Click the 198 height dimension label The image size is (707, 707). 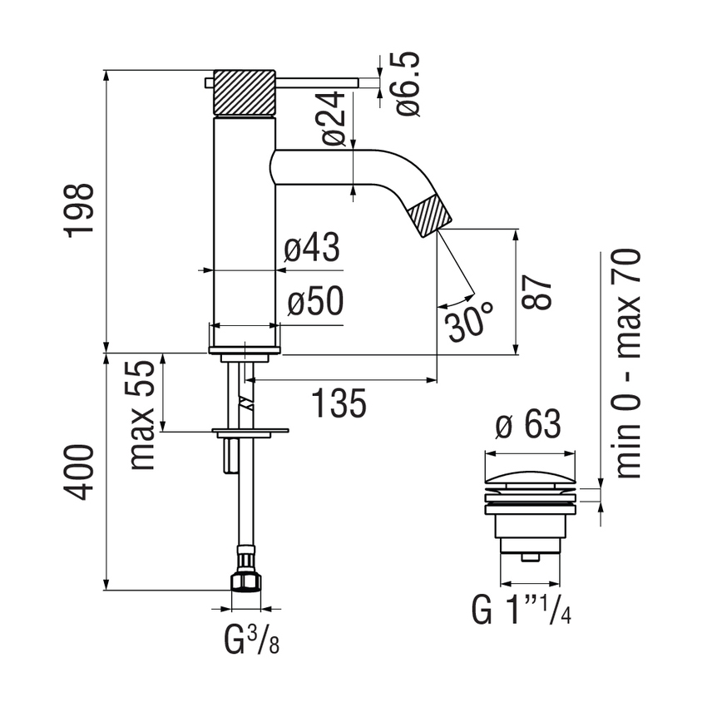(82, 211)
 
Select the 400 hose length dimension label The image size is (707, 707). (82, 472)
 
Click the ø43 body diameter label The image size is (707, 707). (313, 249)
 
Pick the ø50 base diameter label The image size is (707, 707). (315, 304)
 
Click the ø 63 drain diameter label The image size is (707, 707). (528, 427)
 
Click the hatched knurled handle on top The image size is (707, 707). (245, 92)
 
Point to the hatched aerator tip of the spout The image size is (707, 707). (433, 215)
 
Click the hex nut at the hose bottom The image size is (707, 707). (245, 580)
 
